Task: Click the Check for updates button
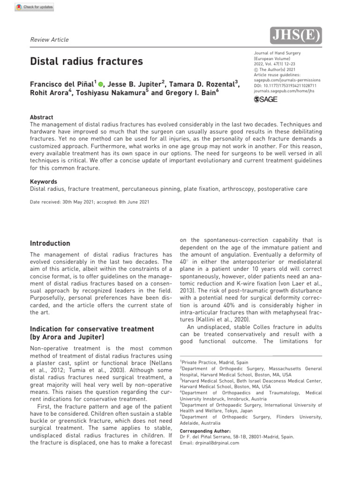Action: (35, 7)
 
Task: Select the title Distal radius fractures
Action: (87, 61)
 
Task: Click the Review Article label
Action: (49, 40)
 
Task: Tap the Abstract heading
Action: (42, 117)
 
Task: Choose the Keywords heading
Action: (44, 182)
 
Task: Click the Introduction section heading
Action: (50, 243)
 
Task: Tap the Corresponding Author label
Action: (205, 431)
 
